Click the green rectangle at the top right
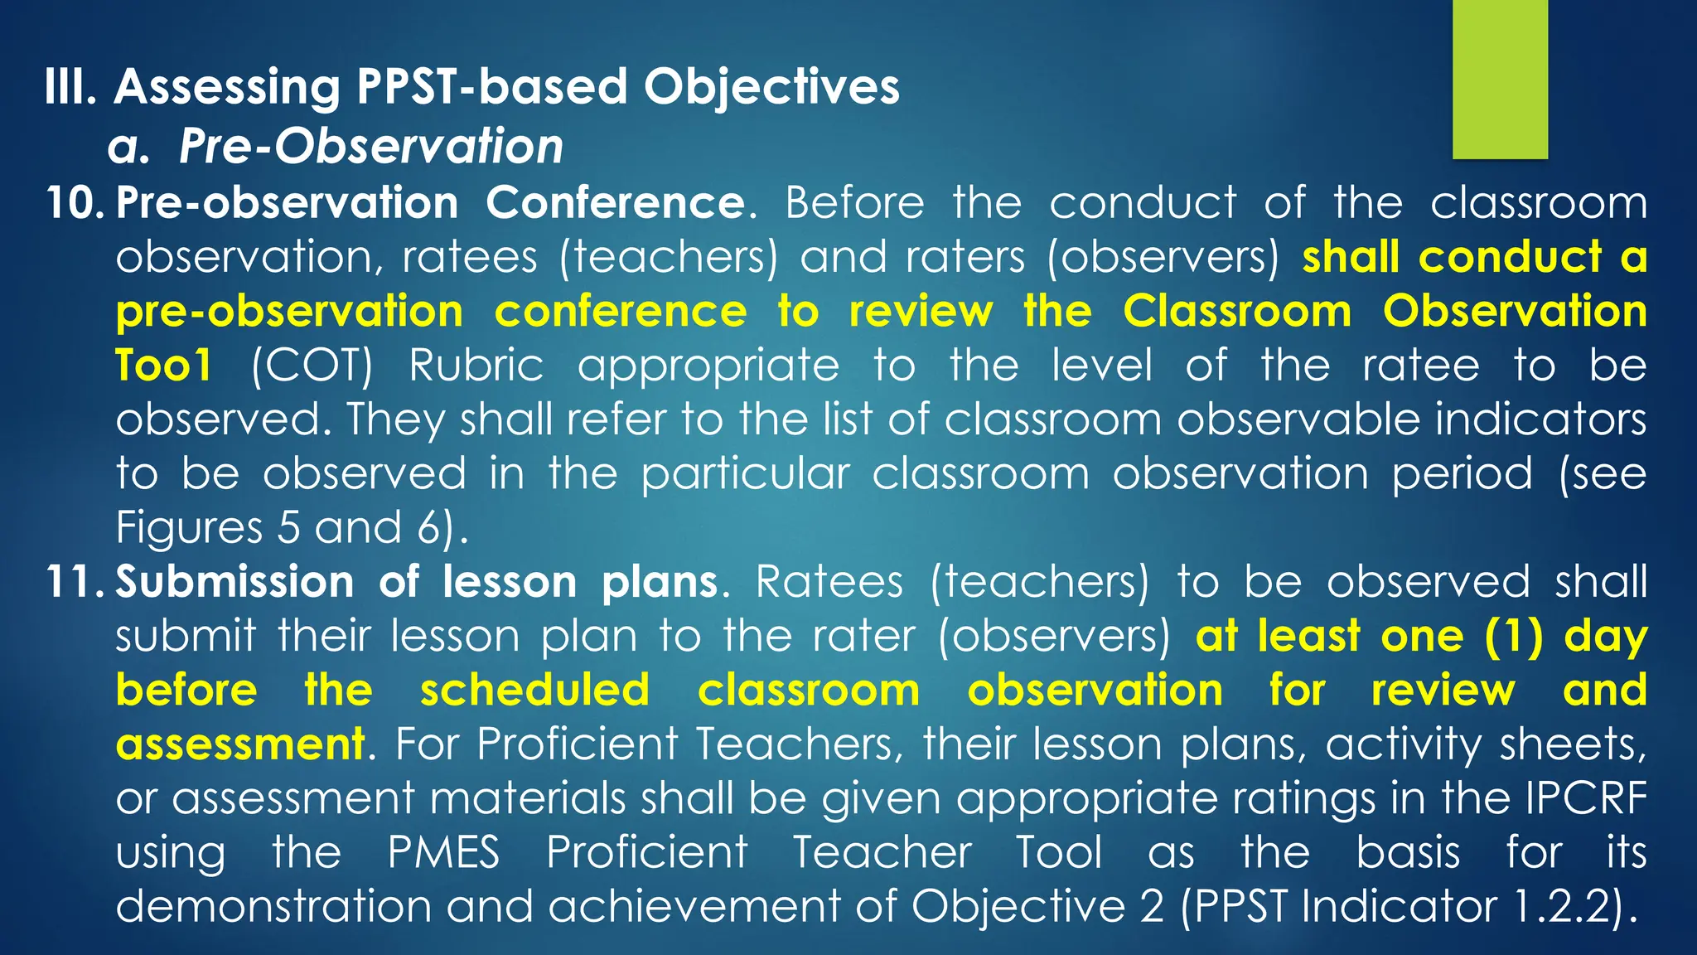pos(1500,79)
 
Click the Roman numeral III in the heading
pos(70,87)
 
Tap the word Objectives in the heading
pos(771,87)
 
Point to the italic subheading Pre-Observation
pos(370,147)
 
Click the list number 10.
pos(73,203)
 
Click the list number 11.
pos(73,581)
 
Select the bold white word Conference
pos(615,203)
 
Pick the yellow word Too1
pos(163,366)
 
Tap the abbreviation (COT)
pos(312,366)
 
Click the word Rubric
pos(476,366)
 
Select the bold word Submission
pos(234,581)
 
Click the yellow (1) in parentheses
pos(1514,637)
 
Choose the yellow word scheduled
pos(534,691)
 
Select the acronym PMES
pos(444,853)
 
